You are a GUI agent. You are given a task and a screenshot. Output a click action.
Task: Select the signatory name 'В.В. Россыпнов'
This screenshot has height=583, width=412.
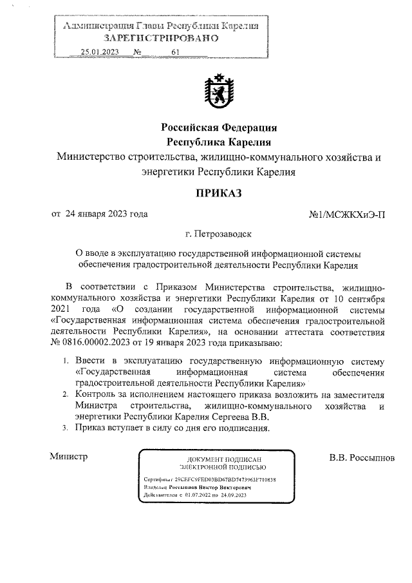click(361, 458)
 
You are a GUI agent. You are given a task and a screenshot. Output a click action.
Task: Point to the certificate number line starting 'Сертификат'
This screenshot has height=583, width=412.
click(210, 480)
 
